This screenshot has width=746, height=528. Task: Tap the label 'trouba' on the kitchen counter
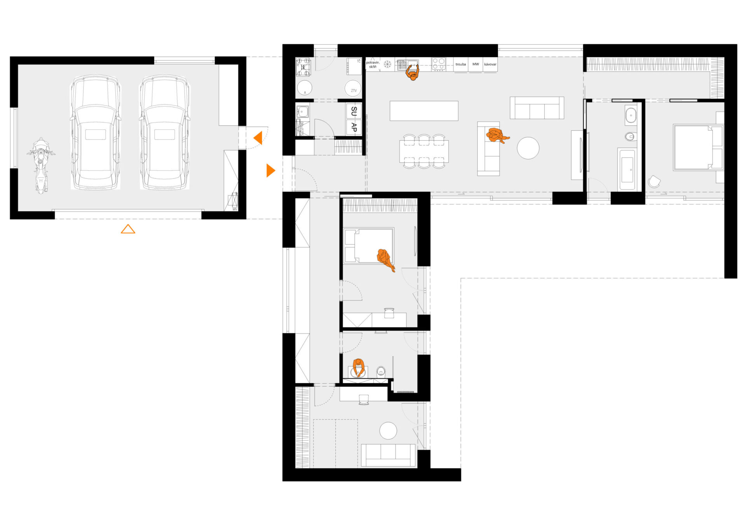coord(460,65)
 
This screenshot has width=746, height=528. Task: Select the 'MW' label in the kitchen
coord(476,64)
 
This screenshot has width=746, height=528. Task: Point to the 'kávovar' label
coord(490,65)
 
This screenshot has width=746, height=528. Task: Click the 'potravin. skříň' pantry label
coord(373,65)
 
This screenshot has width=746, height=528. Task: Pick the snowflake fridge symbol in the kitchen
coord(387,64)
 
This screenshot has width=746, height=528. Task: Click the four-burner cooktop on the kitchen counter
coord(439,64)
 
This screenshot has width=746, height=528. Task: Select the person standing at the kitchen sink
coord(413,73)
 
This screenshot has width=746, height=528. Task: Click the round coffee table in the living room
coord(528,148)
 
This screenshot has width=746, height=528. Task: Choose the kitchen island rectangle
coord(424,111)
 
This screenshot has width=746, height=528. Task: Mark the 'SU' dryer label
coord(354,111)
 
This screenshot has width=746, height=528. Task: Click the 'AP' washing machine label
coord(354,127)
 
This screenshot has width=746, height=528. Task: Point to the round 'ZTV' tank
coord(353,89)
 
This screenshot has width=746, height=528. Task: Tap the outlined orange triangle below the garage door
coord(128,229)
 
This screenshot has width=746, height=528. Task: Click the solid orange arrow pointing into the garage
coord(258,138)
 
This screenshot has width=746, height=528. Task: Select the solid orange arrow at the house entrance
coord(270,170)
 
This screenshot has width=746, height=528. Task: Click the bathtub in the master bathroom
coord(627,170)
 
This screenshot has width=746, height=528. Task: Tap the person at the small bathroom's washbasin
coord(359,367)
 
